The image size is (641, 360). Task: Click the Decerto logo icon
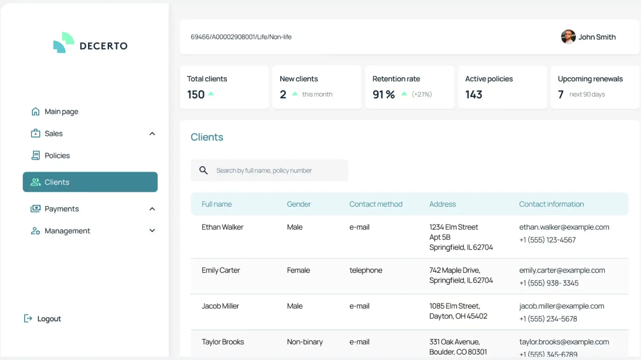pos(63,43)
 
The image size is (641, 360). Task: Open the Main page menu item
pos(61,111)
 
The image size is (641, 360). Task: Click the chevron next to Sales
pos(152,134)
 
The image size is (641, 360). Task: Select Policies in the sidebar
pos(57,156)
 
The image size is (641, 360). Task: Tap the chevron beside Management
pos(152,231)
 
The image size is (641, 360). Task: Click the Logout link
pos(48,319)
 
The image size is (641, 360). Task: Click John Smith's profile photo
pos(568,37)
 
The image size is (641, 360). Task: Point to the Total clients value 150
pos(195,95)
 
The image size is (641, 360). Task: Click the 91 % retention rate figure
pos(384,95)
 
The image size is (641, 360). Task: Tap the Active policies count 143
pos(474,95)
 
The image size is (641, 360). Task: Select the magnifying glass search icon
pos(204,170)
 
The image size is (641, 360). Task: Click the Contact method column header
pos(376,204)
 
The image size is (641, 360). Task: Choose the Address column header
pos(442,204)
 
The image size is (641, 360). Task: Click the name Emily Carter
pos(221,270)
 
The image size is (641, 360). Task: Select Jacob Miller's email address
pos(561,306)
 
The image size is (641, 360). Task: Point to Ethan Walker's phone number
pos(547,240)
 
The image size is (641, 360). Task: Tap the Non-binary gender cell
pos(305,342)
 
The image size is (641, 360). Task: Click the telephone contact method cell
pos(365,270)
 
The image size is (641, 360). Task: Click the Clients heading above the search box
pos(207,137)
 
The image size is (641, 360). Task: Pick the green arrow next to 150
pos(211,94)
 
